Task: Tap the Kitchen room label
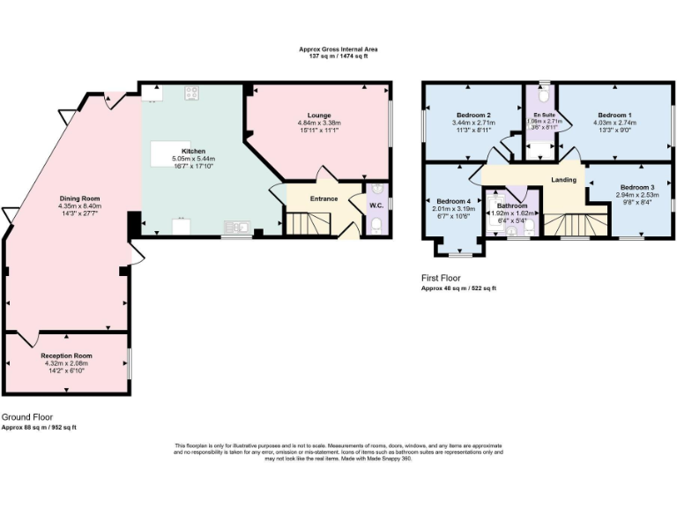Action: (192, 151)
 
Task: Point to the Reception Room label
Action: (68, 355)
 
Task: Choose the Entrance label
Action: (324, 198)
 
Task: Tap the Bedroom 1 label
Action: (614, 116)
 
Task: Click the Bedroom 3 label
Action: (636, 187)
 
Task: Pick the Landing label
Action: (563, 180)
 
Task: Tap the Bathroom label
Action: (510, 205)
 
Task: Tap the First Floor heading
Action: (441, 278)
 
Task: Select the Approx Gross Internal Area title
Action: (339, 49)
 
